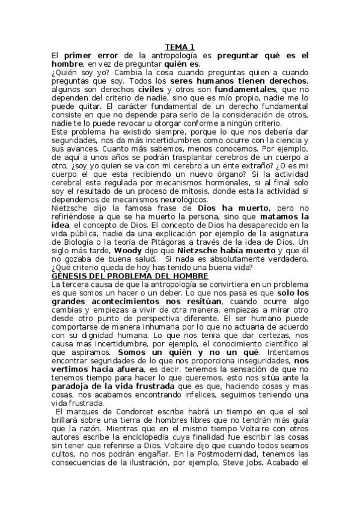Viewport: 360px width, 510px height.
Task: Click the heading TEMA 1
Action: tap(180, 47)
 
